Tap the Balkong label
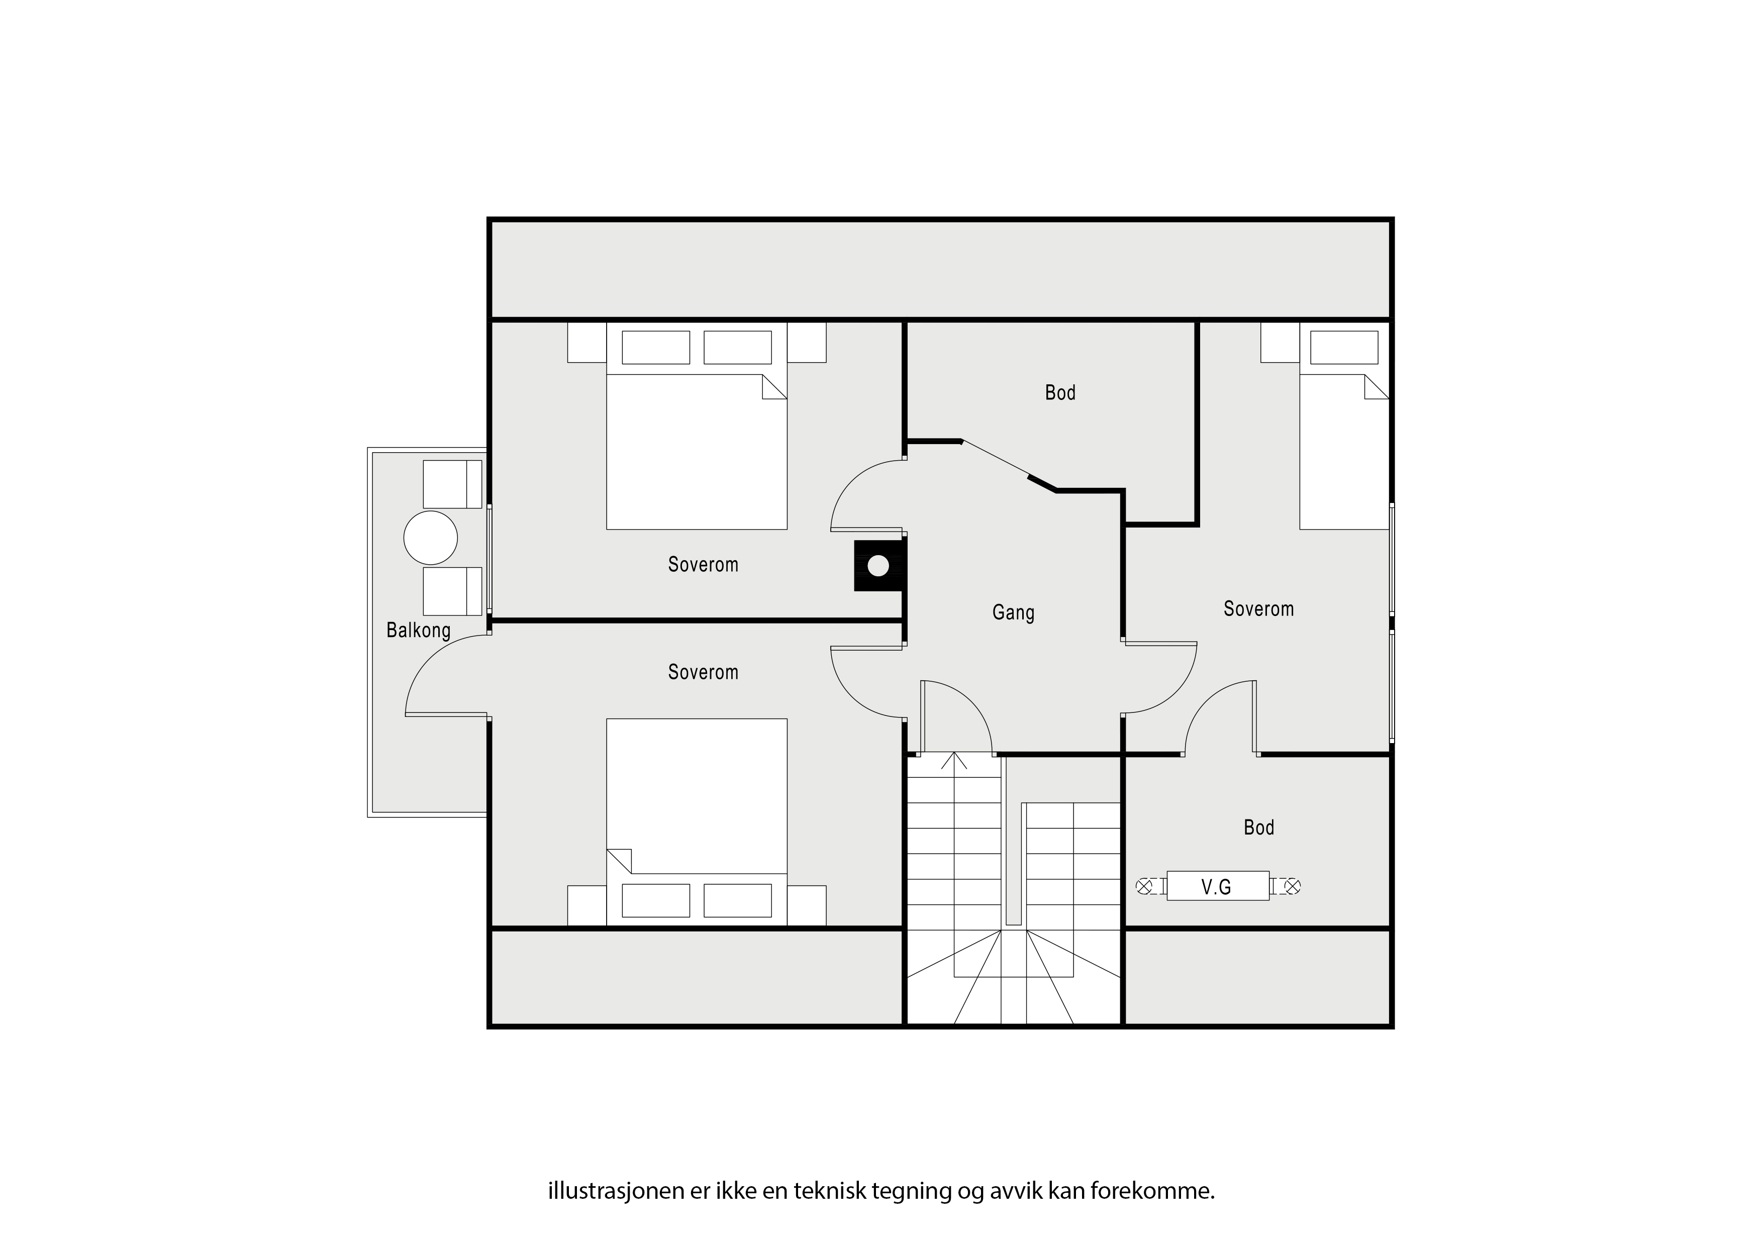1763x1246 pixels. pos(419,631)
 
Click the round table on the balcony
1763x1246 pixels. pos(431,538)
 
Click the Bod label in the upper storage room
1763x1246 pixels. pos(1060,393)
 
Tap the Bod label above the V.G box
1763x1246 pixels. pos(1258,827)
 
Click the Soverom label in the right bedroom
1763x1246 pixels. pos(1258,609)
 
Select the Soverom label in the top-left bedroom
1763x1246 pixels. pos(704,565)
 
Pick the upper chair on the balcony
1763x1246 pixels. pos(453,484)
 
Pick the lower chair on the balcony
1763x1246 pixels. pos(453,591)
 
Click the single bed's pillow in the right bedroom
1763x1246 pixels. pos(1344,347)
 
